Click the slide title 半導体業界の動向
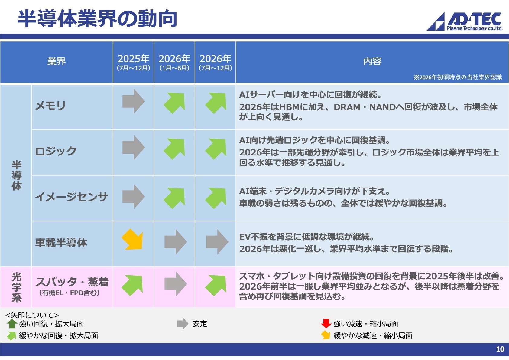click(97, 19)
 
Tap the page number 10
click(500, 349)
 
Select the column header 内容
click(372, 61)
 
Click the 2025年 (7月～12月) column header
click(133, 62)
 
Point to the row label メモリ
click(50, 106)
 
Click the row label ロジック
click(56, 151)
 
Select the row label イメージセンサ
click(71, 197)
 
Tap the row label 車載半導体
click(61, 243)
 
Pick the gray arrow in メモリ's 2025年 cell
click(133, 101)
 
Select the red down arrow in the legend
click(326, 323)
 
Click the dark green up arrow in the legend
click(12, 324)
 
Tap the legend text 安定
click(200, 324)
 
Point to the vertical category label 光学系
click(16, 287)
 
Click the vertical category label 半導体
click(16, 175)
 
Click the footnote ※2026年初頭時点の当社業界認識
click(458, 77)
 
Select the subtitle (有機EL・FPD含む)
click(69, 293)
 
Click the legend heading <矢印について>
click(32, 315)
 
